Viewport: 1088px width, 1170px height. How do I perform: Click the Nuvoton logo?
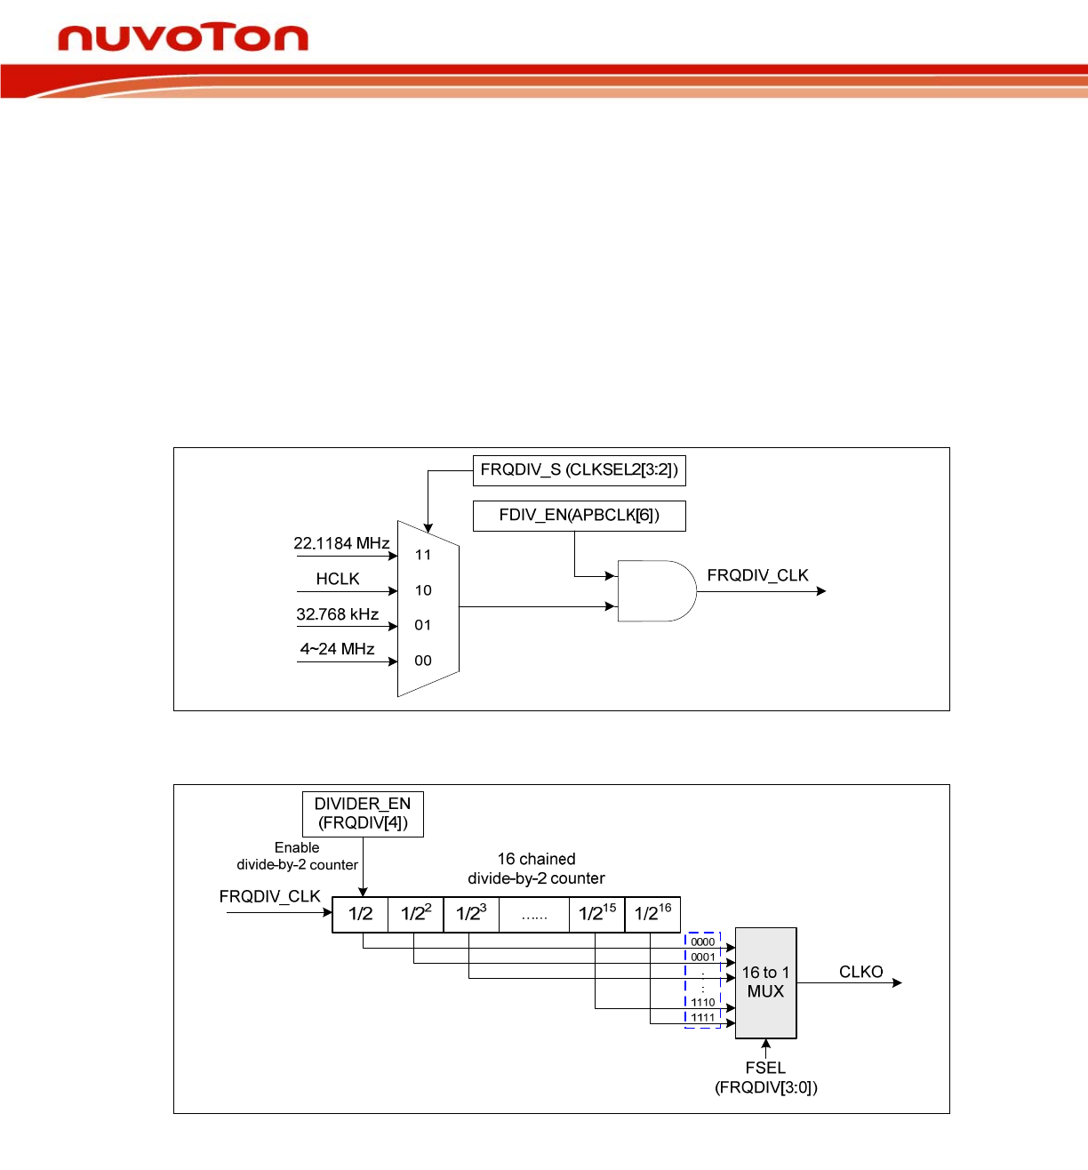pyautogui.click(x=182, y=38)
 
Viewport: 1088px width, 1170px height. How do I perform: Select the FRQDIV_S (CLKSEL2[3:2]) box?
pyautogui.click(x=579, y=470)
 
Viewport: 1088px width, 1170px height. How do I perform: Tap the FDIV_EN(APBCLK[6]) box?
pyautogui.click(x=579, y=516)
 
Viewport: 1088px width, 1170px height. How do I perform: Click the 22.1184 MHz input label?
pyautogui.click(x=341, y=543)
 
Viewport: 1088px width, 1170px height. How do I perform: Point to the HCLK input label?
pyautogui.click(x=338, y=579)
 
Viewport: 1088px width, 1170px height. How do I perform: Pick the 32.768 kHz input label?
pyautogui.click(x=338, y=614)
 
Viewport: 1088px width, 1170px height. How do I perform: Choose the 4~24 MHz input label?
pyautogui.click(x=337, y=649)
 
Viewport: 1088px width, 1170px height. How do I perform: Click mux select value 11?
pyautogui.click(x=423, y=555)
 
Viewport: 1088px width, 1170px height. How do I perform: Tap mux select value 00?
pyautogui.click(x=423, y=661)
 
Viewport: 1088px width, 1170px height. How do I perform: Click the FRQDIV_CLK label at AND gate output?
pyautogui.click(x=757, y=575)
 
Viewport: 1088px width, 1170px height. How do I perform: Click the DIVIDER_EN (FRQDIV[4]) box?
pyautogui.click(x=363, y=813)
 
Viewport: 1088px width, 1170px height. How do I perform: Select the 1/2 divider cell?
pyautogui.click(x=360, y=914)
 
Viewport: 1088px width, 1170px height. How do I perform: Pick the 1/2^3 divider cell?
pyautogui.click(x=471, y=914)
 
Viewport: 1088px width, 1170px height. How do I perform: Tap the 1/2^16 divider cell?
pyautogui.click(x=652, y=914)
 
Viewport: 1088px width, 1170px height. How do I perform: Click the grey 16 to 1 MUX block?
pyautogui.click(x=765, y=982)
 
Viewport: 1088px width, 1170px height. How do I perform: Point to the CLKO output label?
pyautogui.click(x=860, y=972)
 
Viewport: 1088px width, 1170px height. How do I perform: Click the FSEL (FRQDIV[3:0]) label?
pyautogui.click(x=765, y=1078)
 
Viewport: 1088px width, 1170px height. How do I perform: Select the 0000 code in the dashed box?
pyautogui.click(x=702, y=942)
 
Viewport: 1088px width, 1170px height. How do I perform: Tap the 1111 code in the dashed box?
pyautogui.click(x=702, y=1017)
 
